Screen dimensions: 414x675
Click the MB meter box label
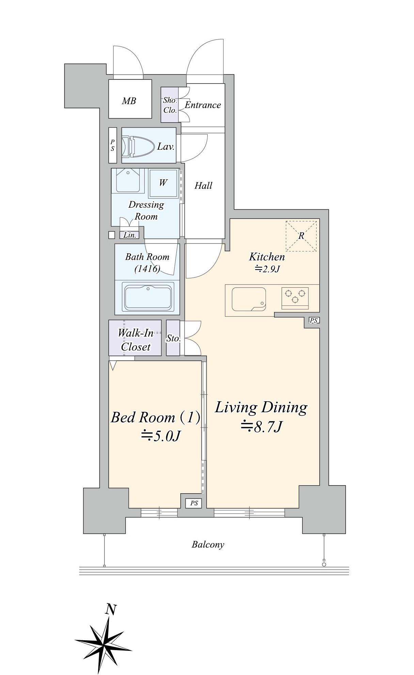pos(129,101)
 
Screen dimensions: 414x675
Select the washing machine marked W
pos(163,183)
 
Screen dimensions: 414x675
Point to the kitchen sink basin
pos(249,299)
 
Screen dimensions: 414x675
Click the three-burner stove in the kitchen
pos(295,296)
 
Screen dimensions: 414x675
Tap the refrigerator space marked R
pos(301,236)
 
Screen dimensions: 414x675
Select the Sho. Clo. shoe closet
pos(170,105)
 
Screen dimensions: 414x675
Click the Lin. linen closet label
pos(129,235)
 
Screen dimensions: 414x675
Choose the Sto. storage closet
pos(173,338)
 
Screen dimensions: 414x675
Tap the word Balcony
pos(208,544)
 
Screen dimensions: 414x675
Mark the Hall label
pos(203,186)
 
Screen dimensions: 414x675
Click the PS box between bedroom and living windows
pos(194,503)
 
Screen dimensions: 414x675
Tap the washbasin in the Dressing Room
pos(128,181)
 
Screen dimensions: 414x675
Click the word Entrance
pos(203,105)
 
